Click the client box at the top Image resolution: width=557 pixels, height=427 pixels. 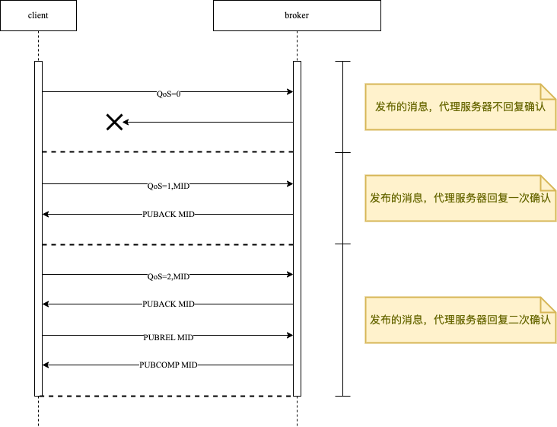pos(38,15)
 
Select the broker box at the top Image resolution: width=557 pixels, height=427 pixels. pos(297,15)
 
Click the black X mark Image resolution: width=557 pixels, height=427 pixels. pos(114,122)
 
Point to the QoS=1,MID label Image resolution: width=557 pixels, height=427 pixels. pos(168,184)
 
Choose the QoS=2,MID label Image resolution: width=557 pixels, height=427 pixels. pos(168,275)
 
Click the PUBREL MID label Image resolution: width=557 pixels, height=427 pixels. pos(168,336)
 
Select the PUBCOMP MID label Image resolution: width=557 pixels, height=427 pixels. pos(168,365)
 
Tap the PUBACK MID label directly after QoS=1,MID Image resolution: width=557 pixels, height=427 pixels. pos(168,215)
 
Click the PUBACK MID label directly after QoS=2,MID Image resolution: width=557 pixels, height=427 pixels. pos(168,304)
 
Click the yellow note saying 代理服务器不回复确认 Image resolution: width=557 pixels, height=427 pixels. pos(460,107)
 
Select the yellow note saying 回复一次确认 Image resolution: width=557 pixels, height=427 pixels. pos(460,198)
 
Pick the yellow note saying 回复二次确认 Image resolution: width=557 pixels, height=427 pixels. pos(460,320)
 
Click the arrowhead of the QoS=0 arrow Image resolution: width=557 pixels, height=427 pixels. pos(290,92)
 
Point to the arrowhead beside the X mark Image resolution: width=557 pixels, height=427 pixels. pos(126,122)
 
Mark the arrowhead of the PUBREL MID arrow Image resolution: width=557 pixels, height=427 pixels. pos(290,335)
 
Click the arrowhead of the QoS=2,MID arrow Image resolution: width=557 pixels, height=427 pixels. pos(290,274)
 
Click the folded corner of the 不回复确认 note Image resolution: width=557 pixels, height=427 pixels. pos(549,91)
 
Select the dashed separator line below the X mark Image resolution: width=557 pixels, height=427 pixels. pos(167,152)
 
